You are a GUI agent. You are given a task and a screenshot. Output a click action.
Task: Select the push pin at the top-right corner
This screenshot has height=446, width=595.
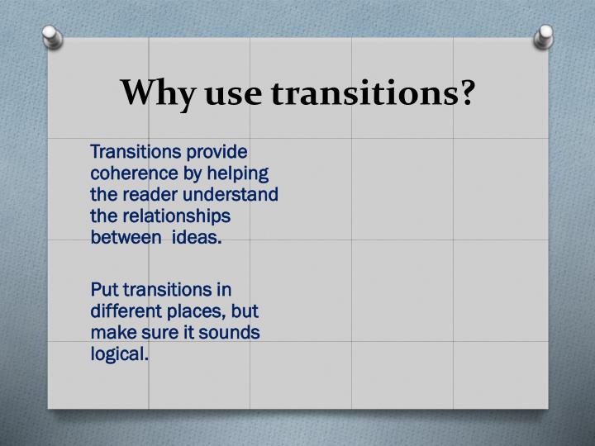click(545, 36)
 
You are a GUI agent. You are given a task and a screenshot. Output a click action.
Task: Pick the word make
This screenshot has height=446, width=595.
click(111, 333)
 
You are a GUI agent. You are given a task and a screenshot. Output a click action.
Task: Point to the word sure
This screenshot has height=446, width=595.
click(156, 333)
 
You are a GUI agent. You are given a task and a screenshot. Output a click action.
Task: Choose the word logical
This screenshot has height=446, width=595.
click(120, 354)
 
